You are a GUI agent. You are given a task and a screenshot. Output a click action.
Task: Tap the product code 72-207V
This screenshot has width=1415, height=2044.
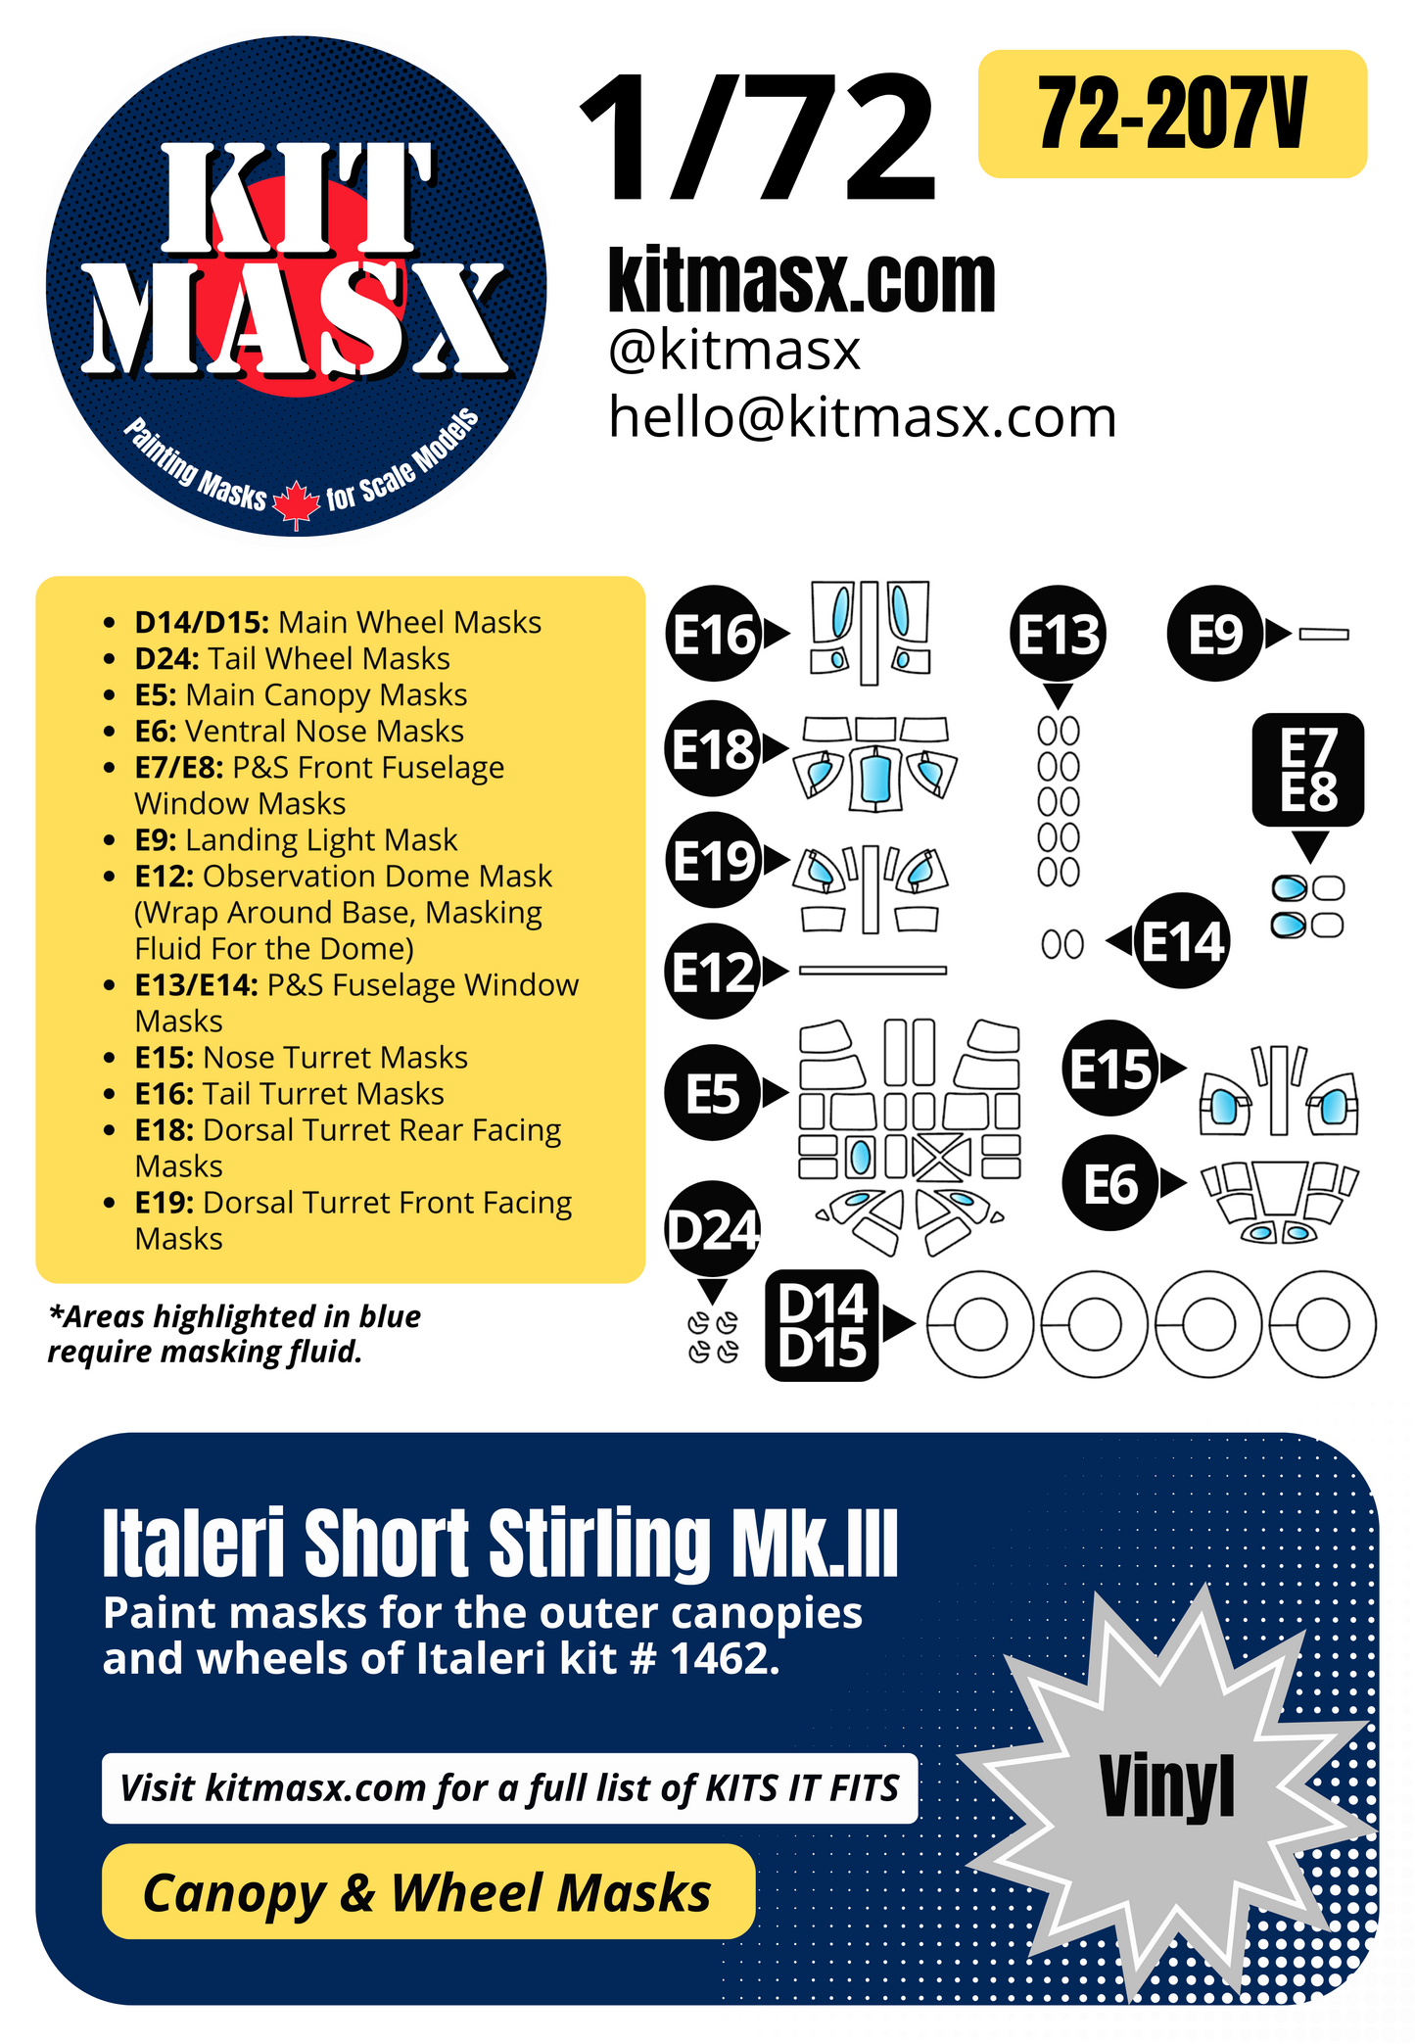click(x=1171, y=115)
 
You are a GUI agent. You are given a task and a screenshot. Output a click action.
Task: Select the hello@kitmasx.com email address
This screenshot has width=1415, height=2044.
click(x=862, y=418)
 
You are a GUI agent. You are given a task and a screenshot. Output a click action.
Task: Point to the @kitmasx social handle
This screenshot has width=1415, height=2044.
click(x=733, y=351)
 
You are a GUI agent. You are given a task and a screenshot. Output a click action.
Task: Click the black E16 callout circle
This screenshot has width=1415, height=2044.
click(x=714, y=635)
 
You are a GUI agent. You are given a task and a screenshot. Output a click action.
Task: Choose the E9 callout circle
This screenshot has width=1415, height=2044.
click(x=1214, y=635)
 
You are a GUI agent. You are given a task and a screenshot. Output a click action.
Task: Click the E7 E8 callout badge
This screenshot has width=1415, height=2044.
click(x=1308, y=770)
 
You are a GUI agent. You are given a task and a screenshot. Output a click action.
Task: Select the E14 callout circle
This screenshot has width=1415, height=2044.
click(x=1182, y=941)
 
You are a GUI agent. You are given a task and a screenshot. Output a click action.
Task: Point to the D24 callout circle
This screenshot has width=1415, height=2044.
click(x=713, y=1229)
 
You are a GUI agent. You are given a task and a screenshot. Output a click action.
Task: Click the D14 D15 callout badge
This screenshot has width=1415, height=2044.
click(x=823, y=1325)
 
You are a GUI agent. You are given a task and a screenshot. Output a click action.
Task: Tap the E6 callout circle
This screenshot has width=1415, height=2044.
click(x=1109, y=1184)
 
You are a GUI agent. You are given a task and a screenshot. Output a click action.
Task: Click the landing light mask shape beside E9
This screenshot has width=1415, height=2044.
click(x=1324, y=635)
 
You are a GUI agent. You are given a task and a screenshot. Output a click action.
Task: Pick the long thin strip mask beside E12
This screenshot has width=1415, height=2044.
click(x=873, y=971)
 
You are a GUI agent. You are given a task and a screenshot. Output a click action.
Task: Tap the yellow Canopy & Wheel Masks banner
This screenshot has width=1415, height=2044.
click(x=428, y=1892)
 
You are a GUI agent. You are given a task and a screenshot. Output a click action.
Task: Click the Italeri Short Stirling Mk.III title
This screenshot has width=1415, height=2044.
click(x=499, y=1545)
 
